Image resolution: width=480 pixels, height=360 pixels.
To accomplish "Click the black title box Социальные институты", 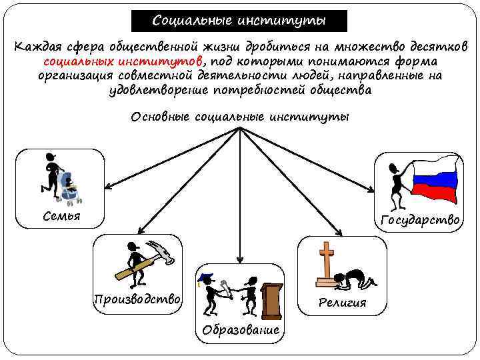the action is [239, 21].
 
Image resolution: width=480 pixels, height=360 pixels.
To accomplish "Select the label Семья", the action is [61, 216].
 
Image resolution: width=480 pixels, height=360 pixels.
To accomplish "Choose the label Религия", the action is [342, 302].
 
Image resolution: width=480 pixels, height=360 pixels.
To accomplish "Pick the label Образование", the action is [241, 330].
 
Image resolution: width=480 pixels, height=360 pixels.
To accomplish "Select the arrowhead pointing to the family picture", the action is [107, 189].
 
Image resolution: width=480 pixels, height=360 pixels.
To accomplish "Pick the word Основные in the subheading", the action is [160, 117].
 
